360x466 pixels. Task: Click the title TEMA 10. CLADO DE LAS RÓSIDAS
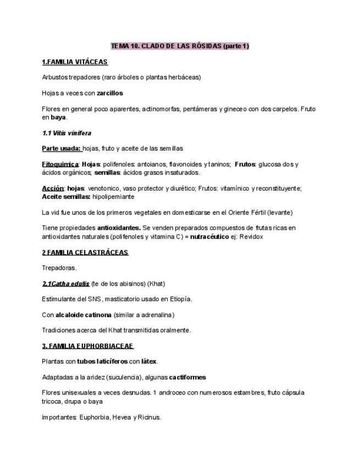coord(180,46)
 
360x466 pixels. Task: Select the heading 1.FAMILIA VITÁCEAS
coord(75,62)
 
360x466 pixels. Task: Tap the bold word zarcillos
coord(110,93)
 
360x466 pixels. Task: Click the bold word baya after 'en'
coord(58,117)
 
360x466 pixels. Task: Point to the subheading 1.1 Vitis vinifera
coord(67,133)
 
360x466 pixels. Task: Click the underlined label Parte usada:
coord(62,148)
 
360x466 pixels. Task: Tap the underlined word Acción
coord(53,188)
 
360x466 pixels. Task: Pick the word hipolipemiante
coord(113,196)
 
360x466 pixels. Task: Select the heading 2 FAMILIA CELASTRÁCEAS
coord(85,252)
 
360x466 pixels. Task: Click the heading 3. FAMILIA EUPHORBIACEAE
coord(87,346)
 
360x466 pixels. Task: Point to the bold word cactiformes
coord(187,377)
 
